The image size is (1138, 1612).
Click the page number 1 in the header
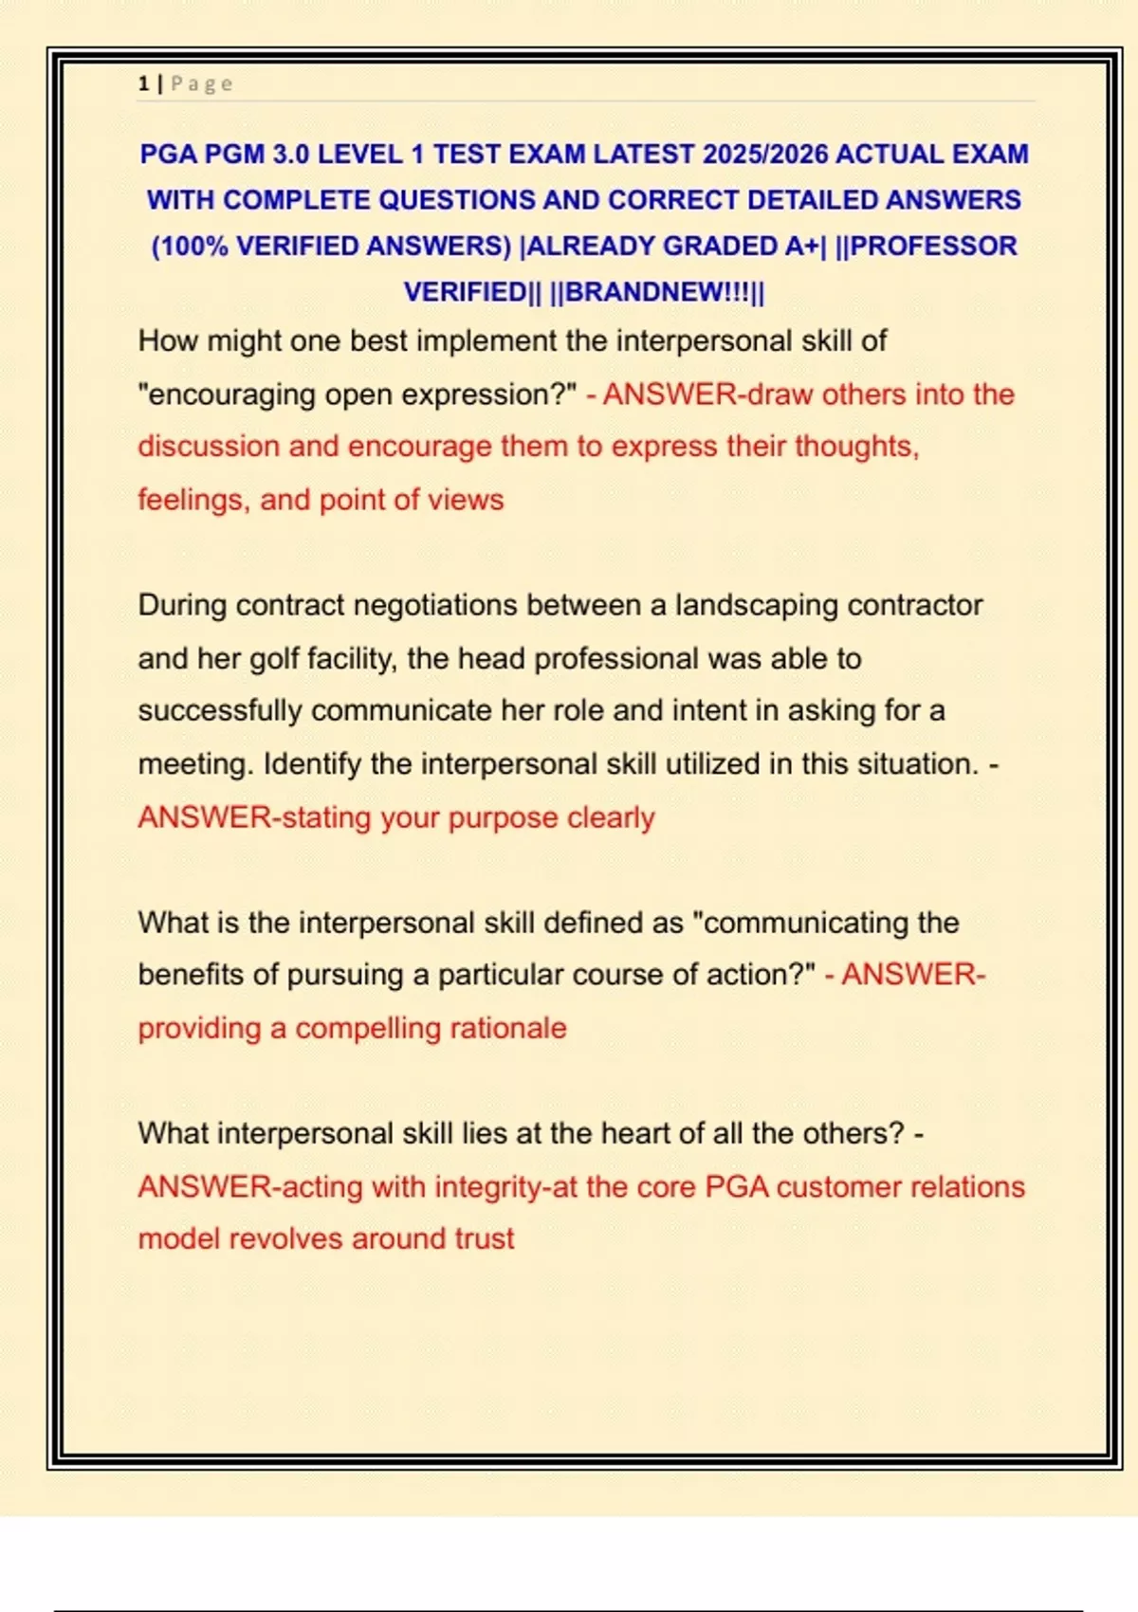pyautogui.click(x=143, y=83)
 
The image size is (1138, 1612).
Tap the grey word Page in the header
pyautogui.click(x=201, y=83)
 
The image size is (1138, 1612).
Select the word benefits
pyautogui.click(x=191, y=975)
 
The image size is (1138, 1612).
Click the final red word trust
pyautogui.click(x=484, y=1238)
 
